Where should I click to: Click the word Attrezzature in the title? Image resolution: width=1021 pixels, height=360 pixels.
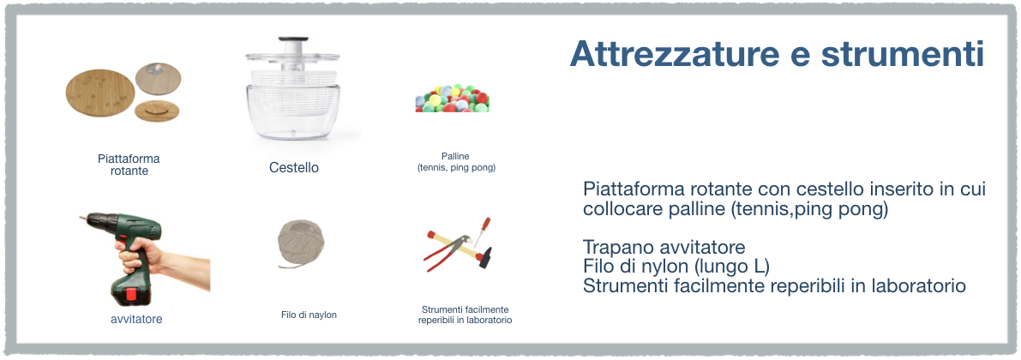674,54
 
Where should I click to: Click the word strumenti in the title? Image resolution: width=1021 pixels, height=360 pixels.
903,54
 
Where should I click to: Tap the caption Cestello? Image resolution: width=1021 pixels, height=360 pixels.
294,167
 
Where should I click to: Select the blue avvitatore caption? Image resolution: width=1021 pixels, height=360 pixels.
136,319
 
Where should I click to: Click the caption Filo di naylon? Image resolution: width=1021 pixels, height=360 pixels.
309,315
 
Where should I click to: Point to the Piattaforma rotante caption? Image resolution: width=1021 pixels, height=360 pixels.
129,165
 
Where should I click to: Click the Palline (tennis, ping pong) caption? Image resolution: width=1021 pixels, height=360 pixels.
456,161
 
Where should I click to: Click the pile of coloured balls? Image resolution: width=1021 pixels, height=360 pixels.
452,99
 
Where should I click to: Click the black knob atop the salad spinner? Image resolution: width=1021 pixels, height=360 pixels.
291,40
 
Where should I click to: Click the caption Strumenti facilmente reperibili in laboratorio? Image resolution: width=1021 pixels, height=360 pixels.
465,315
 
